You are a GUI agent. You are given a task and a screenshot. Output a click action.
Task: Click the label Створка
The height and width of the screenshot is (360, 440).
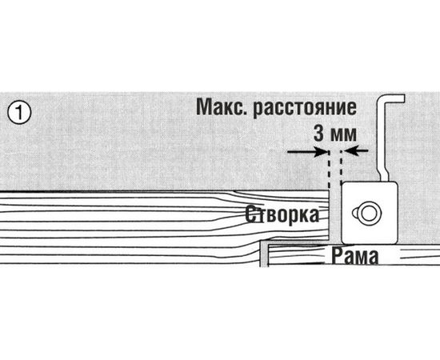pos(281,214)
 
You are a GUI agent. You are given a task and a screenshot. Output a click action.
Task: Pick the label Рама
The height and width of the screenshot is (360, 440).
pos(347,254)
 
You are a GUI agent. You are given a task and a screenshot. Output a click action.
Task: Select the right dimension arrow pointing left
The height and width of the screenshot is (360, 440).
pos(356,150)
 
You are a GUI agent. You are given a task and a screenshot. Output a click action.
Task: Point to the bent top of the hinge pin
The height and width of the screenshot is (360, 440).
pos(394,101)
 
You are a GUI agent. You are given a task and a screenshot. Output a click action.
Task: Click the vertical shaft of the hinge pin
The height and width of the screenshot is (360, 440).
pos(387,148)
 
